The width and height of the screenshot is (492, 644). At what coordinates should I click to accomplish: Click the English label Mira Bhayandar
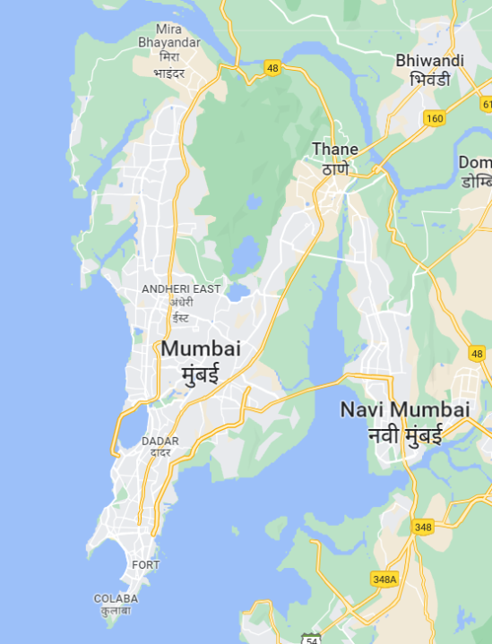(x=168, y=35)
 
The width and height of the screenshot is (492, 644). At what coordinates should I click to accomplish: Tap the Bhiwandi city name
(x=430, y=60)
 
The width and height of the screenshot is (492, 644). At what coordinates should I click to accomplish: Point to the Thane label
(x=335, y=149)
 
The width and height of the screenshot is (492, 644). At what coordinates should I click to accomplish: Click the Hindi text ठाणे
(x=335, y=167)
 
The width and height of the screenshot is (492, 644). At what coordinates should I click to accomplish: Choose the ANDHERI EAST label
(x=181, y=288)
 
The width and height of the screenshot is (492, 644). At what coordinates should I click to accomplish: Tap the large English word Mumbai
(x=201, y=349)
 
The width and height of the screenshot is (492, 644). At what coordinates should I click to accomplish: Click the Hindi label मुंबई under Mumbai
(x=200, y=374)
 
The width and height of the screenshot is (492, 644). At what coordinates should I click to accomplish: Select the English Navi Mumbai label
(x=405, y=409)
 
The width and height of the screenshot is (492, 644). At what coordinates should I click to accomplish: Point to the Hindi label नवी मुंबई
(x=405, y=436)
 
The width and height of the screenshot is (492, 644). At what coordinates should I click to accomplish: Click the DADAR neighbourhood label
(x=160, y=441)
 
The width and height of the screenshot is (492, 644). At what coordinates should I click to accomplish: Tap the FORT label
(x=145, y=565)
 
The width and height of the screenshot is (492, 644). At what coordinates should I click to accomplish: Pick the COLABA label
(x=116, y=598)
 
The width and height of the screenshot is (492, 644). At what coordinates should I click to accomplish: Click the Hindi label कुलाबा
(x=116, y=611)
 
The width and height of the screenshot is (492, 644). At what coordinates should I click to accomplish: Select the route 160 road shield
(x=435, y=118)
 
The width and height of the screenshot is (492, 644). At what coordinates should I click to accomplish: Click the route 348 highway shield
(x=422, y=527)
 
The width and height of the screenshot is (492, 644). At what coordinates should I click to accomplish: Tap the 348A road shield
(x=384, y=579)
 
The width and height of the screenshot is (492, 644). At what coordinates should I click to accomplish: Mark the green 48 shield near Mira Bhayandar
(x=272, y=68)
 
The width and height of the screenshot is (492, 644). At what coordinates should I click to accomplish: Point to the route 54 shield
(x=311, y=639)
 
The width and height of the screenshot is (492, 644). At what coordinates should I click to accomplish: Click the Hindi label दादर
(x=160, y=452)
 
